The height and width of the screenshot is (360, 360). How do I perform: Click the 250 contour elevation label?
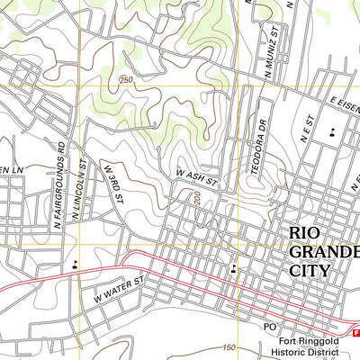[x=125, y=82]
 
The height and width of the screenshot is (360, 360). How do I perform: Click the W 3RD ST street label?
[x=112, y=181]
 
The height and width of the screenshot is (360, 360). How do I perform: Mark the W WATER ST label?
[x=118, y=289]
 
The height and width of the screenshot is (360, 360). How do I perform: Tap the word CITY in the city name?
[x=310, y=269]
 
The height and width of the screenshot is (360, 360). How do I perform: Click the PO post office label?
[x=269, y=326]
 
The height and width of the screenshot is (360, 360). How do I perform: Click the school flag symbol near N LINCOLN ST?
[x=74, y=265]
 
